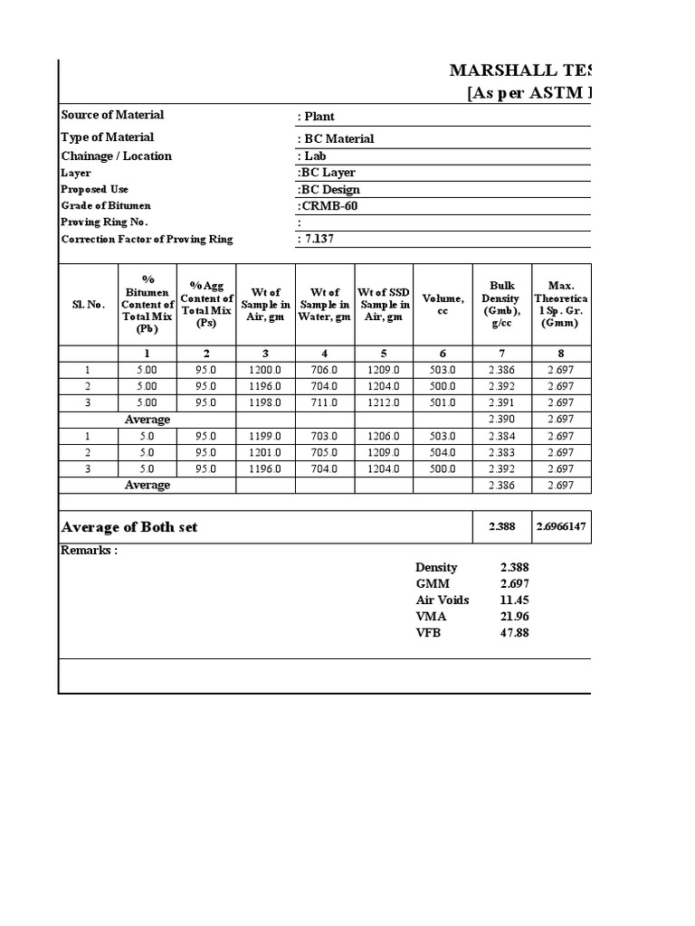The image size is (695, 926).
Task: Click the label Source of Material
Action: tap(112, 115)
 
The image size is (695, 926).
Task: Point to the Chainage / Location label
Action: tap(116, 156)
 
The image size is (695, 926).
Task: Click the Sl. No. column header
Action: tap(88, 305)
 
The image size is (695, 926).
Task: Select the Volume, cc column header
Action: tap(443, 305)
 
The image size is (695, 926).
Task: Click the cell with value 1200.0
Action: tap(265, 370)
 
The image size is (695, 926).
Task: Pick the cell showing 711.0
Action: tap(324, 402)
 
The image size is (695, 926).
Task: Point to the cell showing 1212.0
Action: tap(384, 402)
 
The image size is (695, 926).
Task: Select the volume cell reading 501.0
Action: tap(443, 402)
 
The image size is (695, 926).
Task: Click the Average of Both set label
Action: tap(129, 527)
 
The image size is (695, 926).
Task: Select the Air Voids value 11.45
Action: tap(514, 600)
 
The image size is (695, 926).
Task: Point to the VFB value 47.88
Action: tap(514, 633)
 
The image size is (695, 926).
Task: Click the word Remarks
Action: tap(89, 551)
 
